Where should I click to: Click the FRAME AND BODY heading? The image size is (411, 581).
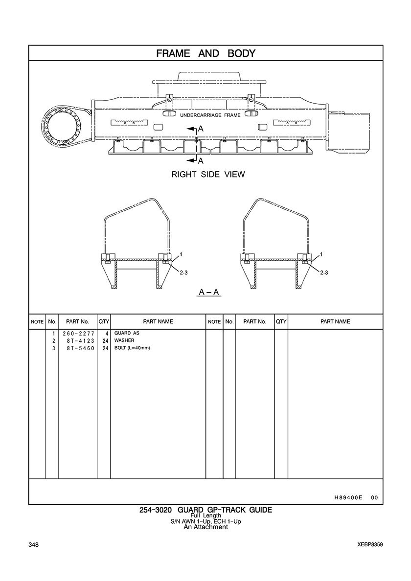pos(205,53)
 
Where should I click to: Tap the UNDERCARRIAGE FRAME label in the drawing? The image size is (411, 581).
pos(210,115)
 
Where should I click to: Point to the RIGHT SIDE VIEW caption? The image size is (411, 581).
pos(208,174)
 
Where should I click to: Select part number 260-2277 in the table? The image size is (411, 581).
pos(79,334)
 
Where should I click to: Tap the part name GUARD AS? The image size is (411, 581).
pos(127,333)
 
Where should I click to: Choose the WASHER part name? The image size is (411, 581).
pos(124,340)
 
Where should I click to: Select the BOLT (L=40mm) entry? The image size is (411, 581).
pos(132,348)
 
